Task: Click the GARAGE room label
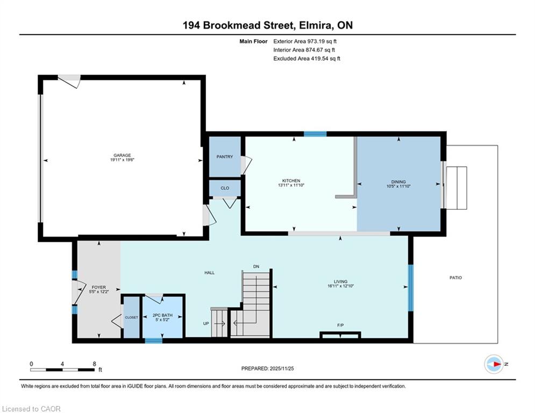point(122,155)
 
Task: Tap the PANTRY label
point(225,156)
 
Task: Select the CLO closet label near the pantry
point(225,188)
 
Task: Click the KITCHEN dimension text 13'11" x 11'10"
point(291,186)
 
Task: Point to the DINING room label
point(398,182)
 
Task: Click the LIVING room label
point(340,282)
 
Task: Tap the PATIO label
point(455,278)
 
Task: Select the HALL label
point(210,273)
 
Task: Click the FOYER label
point(98,287)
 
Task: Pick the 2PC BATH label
point(162,315)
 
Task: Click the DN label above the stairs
point(256,267)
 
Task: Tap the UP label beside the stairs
point(206,324)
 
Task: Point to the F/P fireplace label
point(340,325)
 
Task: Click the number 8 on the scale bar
point(95,364)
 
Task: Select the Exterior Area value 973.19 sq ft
point(322,41)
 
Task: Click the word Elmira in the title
point(316,25)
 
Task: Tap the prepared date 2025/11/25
point(282,368)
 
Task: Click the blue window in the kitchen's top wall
point(315,134)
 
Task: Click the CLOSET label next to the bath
point(131,317)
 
